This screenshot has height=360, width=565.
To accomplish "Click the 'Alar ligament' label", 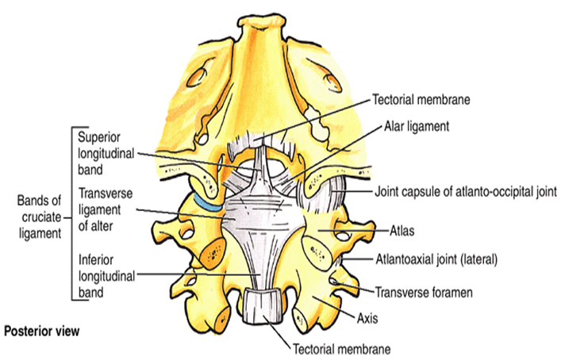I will [x=416, y=126].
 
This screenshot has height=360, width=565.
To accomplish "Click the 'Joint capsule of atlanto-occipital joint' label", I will [x=468, y=192].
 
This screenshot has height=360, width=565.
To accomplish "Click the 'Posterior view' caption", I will [x=40, y=329].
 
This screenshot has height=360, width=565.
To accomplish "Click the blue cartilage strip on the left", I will [x=204, y=204].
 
